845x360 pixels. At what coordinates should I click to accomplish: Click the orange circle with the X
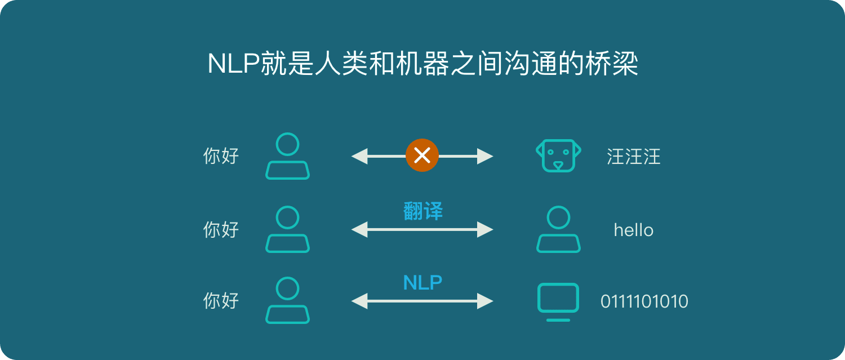coord(422,155)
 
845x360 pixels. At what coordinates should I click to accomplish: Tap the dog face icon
coord(558,155)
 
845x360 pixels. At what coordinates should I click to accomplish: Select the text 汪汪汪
coord(633,157)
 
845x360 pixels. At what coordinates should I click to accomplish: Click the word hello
coord(633,230)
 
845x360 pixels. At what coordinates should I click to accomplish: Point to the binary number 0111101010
coord(644,301)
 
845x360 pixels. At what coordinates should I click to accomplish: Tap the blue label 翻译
coord(423,211)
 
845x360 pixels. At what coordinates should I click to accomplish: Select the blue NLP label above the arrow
coord(422,282)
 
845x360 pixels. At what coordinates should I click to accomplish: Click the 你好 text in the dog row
coord(221,156)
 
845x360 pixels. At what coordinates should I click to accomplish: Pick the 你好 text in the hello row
coord(221,229)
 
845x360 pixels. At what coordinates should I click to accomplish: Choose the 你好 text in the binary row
coord(221,301)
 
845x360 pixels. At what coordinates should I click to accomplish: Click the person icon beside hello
coord(558,229)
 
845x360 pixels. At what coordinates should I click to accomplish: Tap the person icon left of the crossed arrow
coord(287,156)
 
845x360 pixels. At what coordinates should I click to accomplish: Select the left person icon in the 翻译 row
coord(287,229)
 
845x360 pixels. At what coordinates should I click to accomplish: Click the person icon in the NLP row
coord(287,301)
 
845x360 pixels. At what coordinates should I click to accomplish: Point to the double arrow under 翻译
coord(422,229)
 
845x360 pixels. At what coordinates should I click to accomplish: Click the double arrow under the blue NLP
coord(422,301)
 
